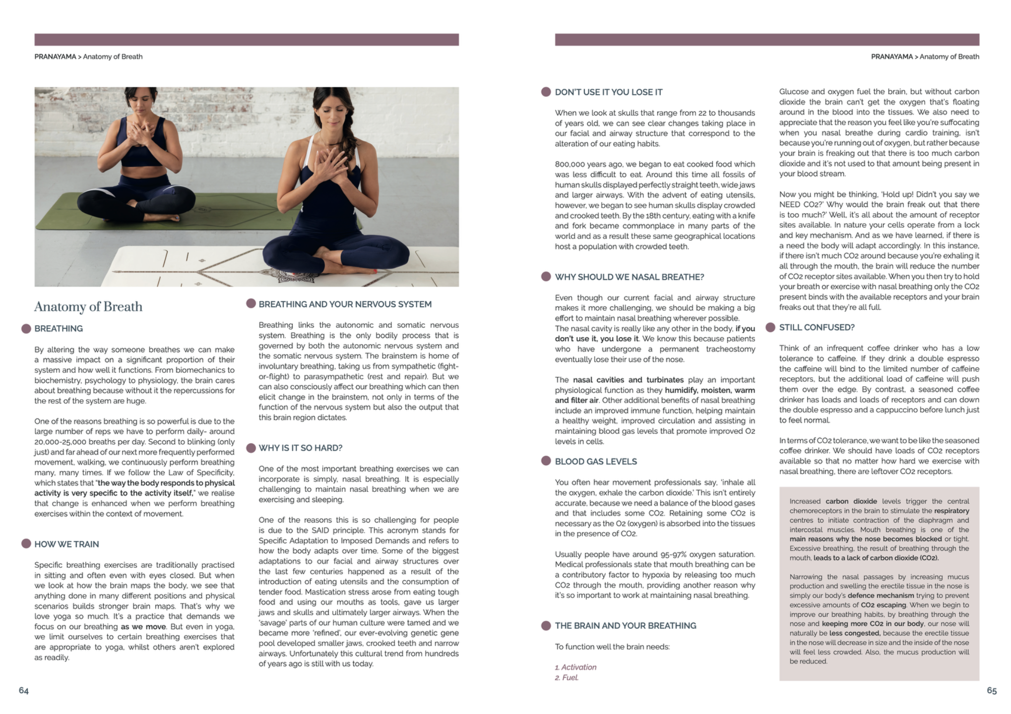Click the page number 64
tap(24, 690)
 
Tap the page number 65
tap(991, 690)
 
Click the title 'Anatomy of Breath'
tap(88, 306)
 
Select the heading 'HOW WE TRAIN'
tap(66, 544)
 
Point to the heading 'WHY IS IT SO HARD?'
tap(300, 448)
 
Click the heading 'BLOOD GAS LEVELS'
tap(595, 461)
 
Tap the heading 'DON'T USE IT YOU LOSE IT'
tap(608, 92)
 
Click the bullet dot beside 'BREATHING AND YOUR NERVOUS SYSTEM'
tap(251, 303)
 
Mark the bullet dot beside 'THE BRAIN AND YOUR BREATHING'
tap(546, 625)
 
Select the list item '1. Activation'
tap(575, 667)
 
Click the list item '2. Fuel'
tap(567, 677)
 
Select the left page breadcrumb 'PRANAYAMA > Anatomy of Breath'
tap(88, 57)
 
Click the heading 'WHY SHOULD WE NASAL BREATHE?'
tap(629, 277)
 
